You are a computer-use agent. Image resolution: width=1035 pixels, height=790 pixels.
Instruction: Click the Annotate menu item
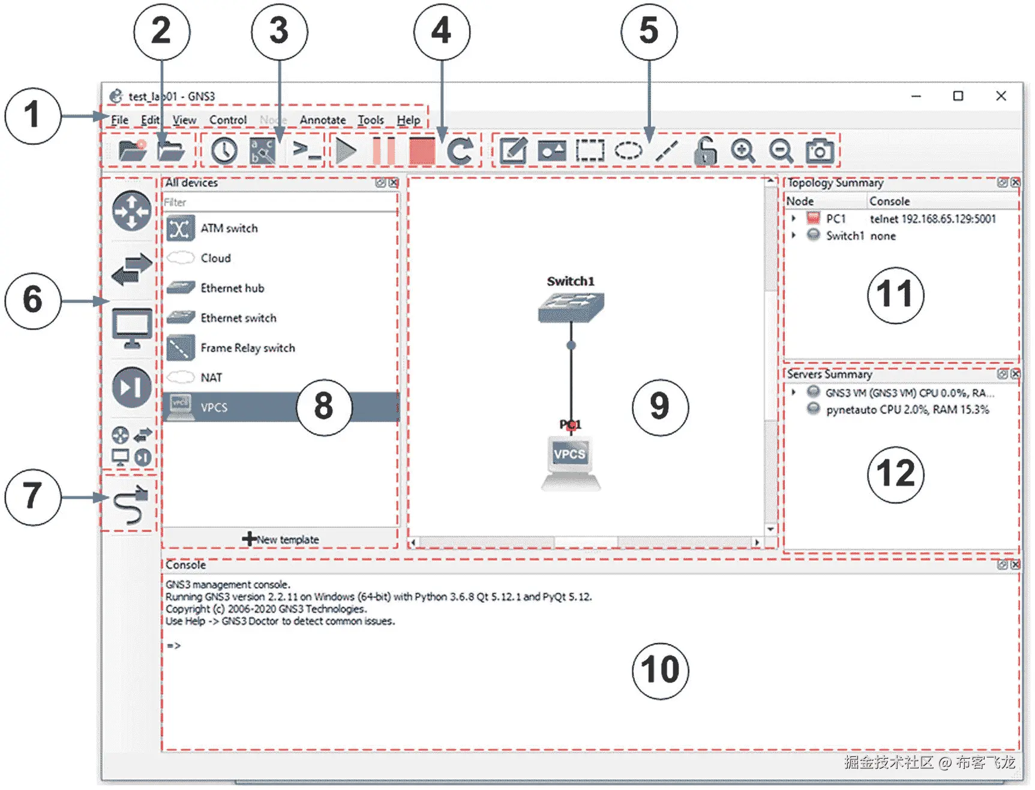(322, 120)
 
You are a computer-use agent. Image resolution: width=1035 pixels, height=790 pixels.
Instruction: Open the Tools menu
(370, 120)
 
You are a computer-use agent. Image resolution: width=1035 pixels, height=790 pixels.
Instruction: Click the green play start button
(346, 151)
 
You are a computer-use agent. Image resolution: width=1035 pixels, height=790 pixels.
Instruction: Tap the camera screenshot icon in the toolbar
(819, 151)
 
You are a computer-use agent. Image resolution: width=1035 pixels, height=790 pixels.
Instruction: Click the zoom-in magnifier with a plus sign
(742, 151)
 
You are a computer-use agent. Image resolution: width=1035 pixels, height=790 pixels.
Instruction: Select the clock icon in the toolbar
(223, 151)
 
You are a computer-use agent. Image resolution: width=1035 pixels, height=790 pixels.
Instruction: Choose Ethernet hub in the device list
(232, 288)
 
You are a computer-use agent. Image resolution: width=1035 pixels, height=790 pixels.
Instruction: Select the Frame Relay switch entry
(247, 348)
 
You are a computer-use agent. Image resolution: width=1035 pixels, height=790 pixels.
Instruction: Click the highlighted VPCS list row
(240, 407)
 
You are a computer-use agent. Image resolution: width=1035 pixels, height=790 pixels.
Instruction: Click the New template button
(280, 539)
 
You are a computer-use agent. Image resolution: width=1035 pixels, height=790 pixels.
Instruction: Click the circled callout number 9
(659, 407)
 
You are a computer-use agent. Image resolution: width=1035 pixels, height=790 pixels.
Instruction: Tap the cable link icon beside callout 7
(130, 504)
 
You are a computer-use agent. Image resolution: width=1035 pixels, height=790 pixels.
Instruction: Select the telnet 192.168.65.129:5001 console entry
(932, 219)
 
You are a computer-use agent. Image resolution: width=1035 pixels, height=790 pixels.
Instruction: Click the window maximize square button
(958, 96)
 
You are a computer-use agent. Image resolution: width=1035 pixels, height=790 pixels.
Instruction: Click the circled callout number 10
(659, 670)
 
